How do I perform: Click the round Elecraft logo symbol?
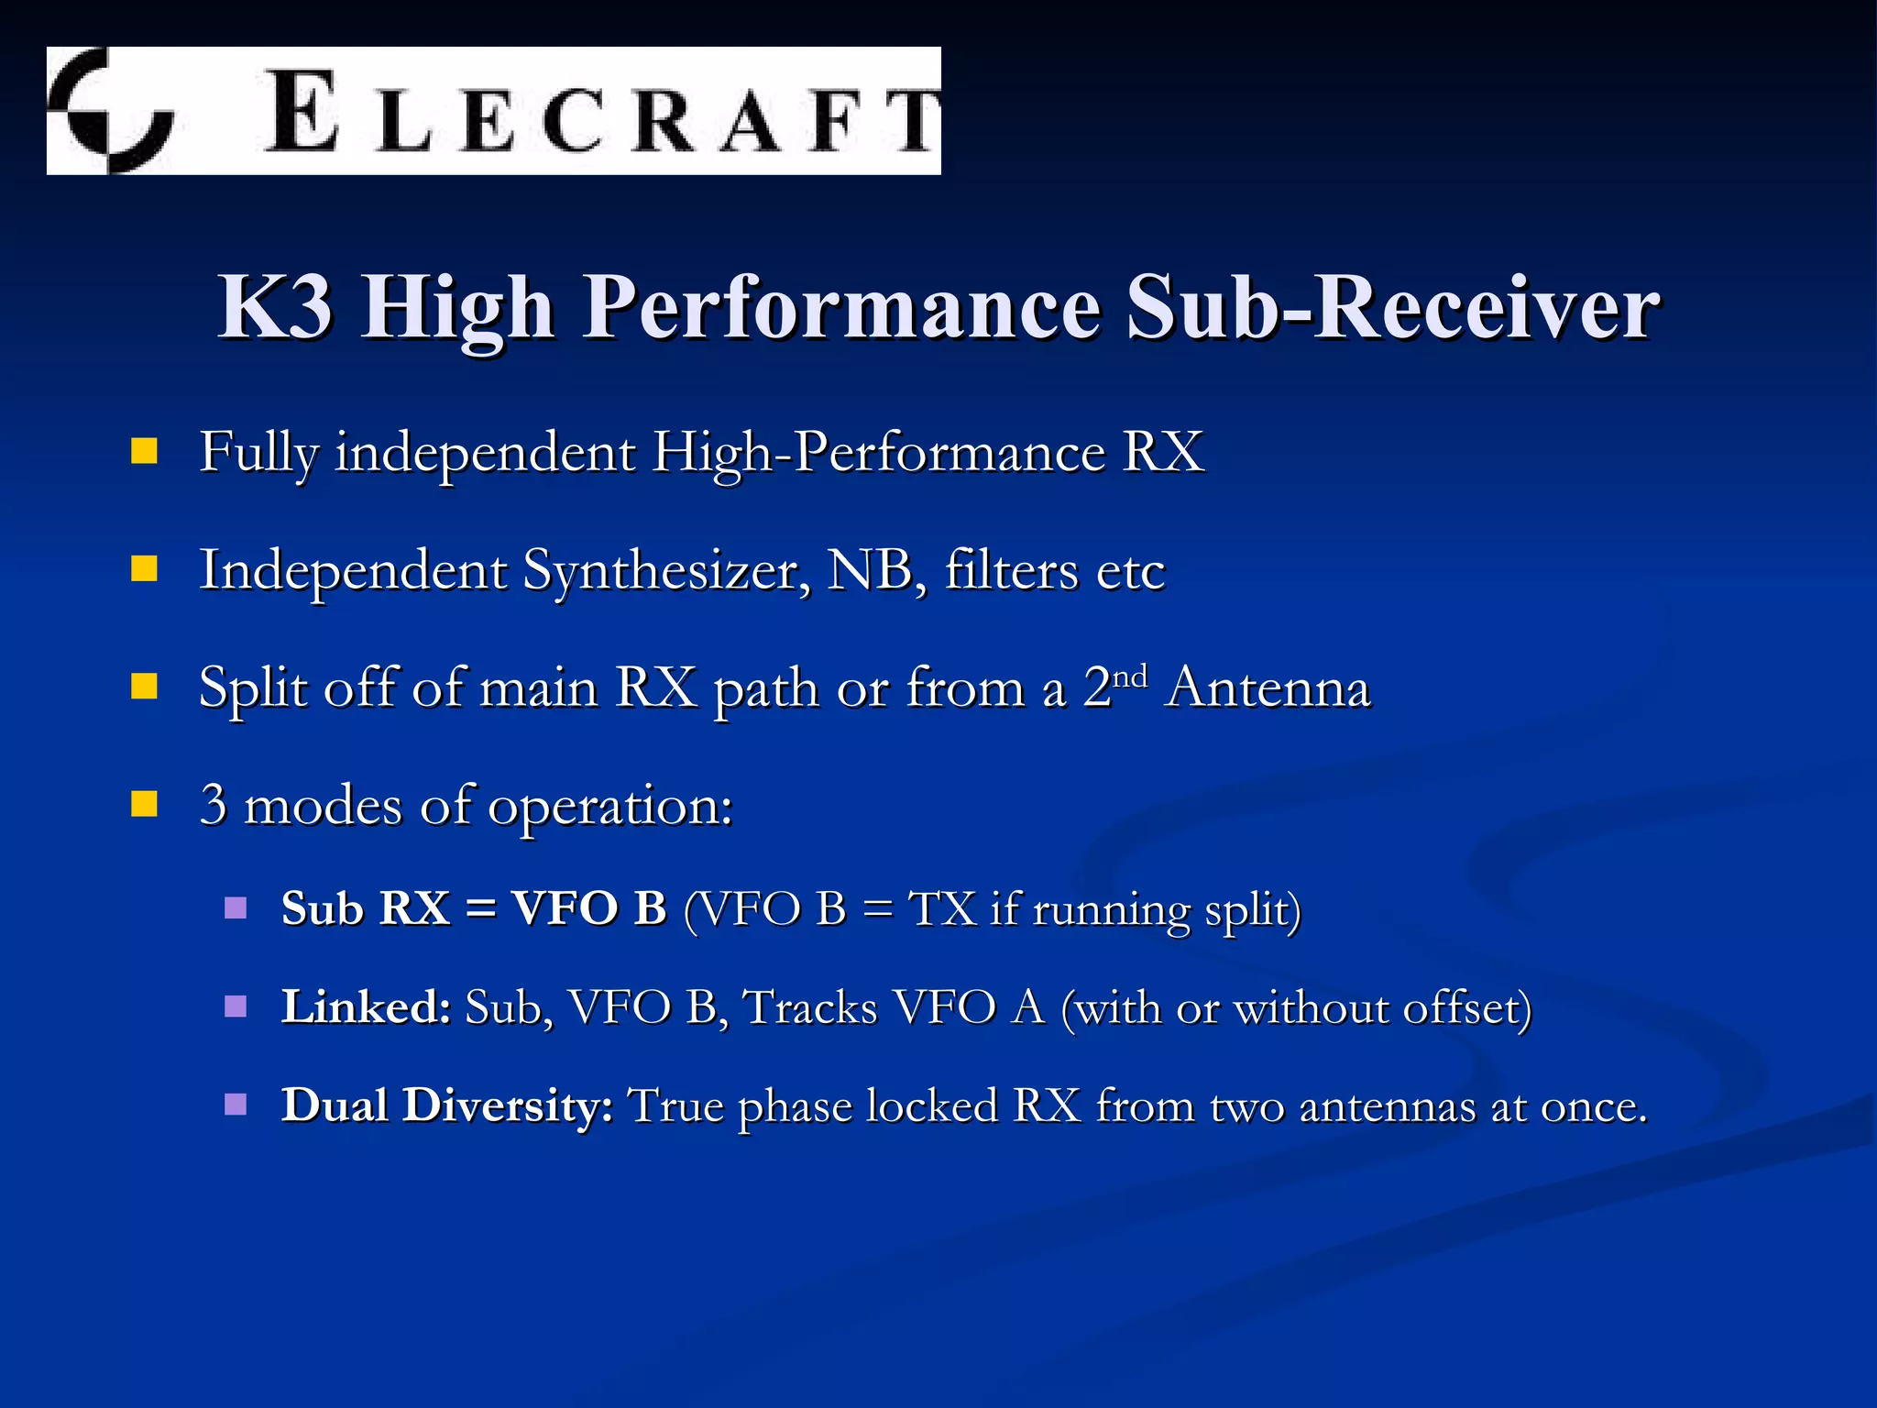111,111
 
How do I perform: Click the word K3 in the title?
275,308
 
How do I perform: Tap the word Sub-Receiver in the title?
1393,308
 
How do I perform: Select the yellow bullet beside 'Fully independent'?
144,452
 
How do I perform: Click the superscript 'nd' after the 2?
1130,676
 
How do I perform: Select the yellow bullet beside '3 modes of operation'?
144,804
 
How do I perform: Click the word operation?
610,807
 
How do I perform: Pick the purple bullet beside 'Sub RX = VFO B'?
236,907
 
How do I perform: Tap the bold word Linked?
366,1006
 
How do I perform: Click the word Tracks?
810,1007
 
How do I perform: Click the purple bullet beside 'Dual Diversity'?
236,1104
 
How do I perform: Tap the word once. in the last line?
1594,1107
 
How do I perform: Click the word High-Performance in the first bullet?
879,453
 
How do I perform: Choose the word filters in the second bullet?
1012,570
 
